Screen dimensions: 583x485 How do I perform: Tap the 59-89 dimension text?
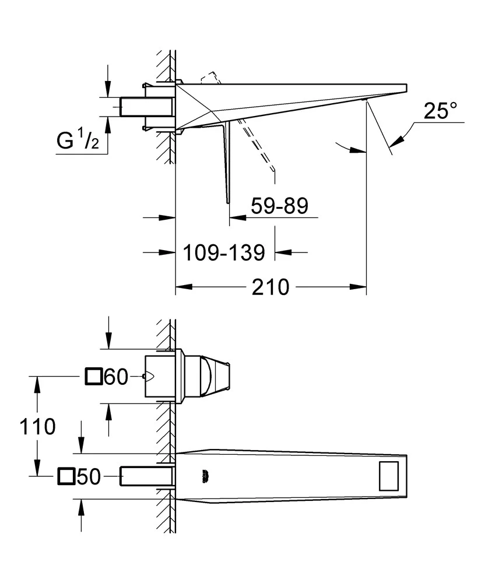[x=279, y=205]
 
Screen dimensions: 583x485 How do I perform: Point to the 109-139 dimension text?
[x=224, y=252]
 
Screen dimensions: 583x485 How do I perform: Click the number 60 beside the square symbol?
[x=115, y=377]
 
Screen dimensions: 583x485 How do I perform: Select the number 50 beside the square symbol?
[x=89, y=477]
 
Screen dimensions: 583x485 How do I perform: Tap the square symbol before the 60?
[x=93, y=377]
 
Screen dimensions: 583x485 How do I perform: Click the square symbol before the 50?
[x=66, y=477]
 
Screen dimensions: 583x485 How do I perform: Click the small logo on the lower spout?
[x=205, y=476]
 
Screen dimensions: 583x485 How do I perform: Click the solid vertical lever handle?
[x=226, y=163]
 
